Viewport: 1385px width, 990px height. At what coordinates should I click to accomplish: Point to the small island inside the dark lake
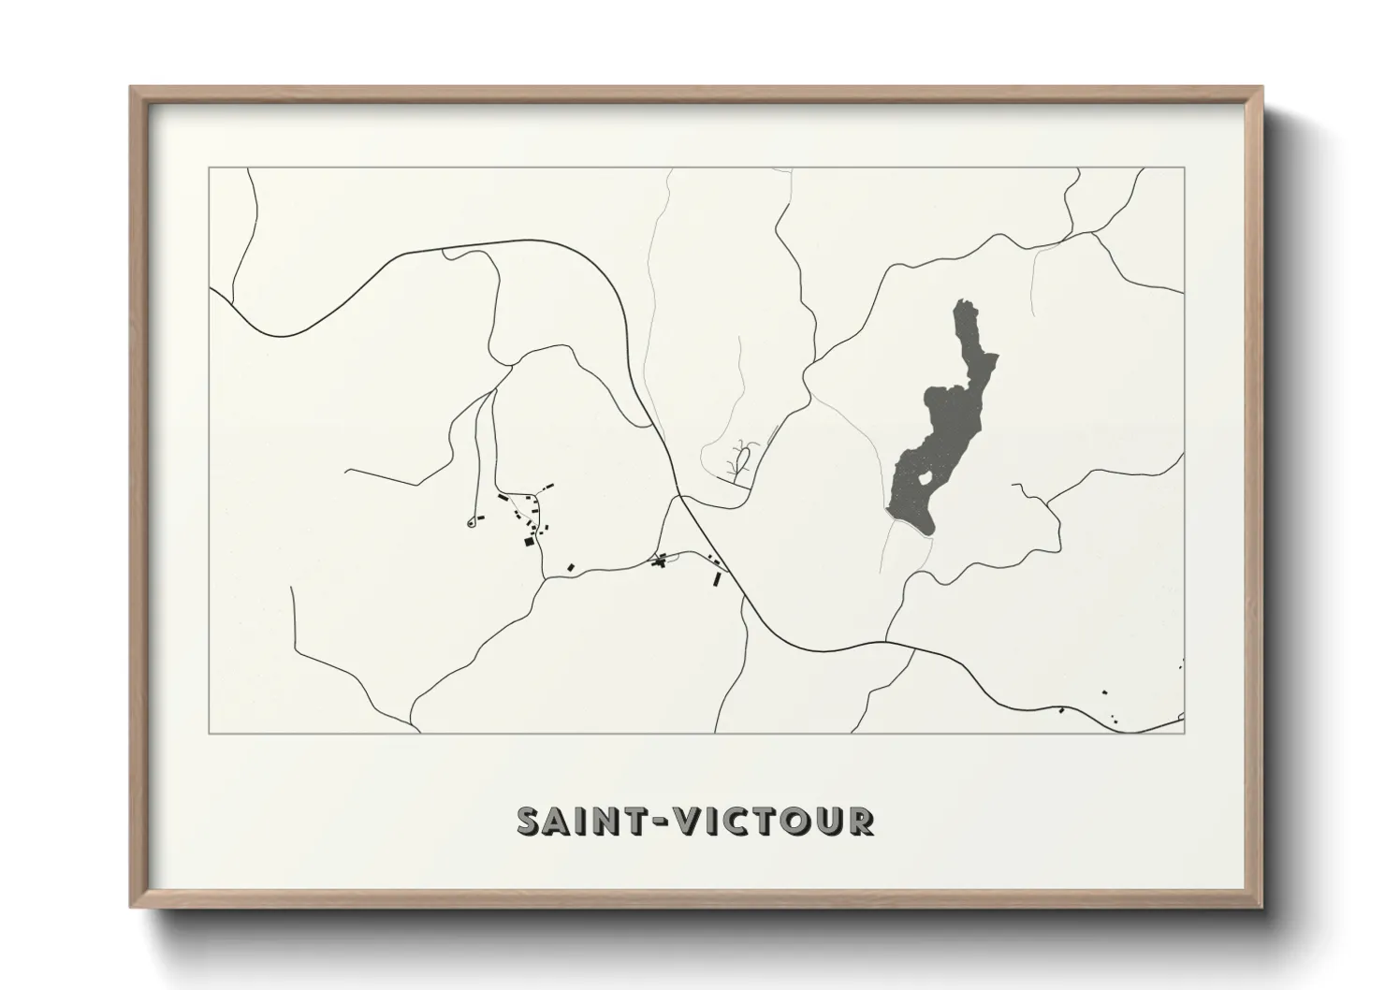point(924,479)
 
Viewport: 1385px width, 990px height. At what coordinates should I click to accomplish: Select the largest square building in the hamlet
point(528,541)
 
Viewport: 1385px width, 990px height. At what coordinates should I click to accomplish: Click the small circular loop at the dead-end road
point(470,523)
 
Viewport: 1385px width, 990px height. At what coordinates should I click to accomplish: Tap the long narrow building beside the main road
point(718,578)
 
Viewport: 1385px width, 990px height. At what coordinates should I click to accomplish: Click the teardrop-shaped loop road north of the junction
point(744,459)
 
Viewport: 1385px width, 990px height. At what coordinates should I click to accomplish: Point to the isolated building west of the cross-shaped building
point(570,567)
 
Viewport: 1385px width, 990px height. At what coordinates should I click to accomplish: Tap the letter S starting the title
point(530,821)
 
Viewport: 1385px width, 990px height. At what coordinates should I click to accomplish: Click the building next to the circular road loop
point(481,517)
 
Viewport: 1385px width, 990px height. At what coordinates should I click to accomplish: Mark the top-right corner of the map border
point(1184,167)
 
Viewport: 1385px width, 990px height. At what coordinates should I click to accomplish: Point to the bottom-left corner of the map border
point(208,733)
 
